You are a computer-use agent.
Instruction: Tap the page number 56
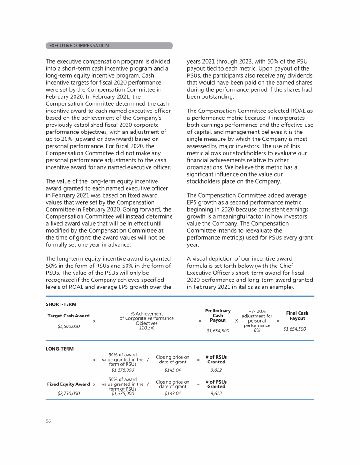[48, 421]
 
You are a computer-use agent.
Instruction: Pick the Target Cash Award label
[68, 316]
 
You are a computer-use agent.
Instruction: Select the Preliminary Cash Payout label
[218, 316]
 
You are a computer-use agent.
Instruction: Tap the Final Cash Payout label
[297, 316]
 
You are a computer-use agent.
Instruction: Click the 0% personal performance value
[257, 330]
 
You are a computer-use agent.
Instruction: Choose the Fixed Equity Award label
[68, 384]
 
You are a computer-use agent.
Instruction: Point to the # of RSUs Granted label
[216, 360]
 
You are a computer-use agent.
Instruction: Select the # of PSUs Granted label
[216, 384]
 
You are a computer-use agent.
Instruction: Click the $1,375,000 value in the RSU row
[123, 370]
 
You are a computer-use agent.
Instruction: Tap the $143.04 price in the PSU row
[172, 394]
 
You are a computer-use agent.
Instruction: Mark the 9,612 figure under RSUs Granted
[216, 370]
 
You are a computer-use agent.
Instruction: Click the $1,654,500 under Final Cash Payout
[295, 329]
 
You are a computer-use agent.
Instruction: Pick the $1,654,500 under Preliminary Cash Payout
[218, 331]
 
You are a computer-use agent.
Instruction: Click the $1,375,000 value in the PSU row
[123, 394]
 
